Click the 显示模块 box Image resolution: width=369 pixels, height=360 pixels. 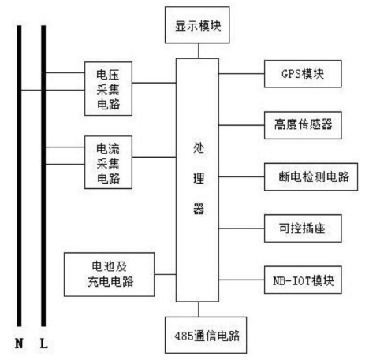[196, 26]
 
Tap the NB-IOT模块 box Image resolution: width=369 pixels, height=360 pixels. [303, 280]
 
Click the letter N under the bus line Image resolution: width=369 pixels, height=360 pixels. [20, 344]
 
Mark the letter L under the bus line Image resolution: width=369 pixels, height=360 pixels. [44, 344]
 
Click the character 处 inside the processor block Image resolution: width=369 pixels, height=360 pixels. [198, 149]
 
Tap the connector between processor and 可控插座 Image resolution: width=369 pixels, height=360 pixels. [242, 227]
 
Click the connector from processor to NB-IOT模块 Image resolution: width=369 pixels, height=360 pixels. [242, 280]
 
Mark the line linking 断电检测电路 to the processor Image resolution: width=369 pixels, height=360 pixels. [242, 176]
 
